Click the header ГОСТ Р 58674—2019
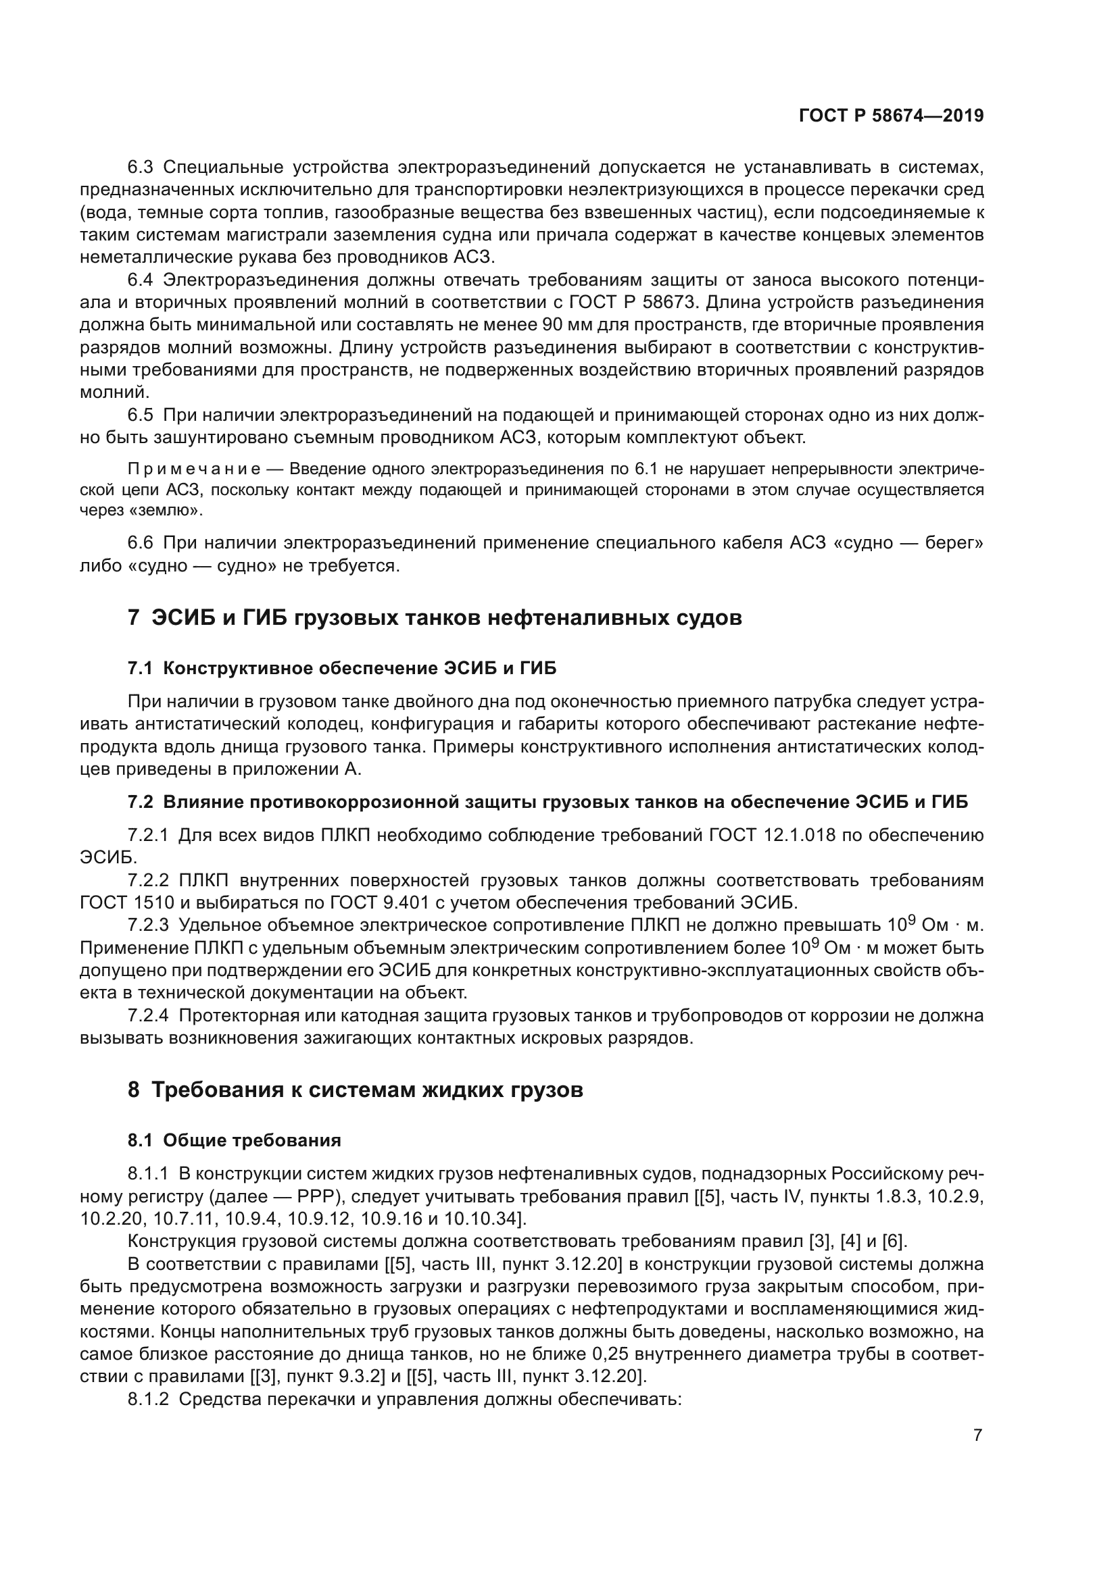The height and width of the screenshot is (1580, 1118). [x=891, y=116]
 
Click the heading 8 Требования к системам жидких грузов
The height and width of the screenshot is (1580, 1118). [x=356, y=1090]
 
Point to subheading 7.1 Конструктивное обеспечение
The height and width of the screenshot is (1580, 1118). [x=342, y=668]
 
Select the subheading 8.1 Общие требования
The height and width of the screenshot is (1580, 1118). [x=234, y=1140]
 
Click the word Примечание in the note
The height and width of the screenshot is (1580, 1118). [x=194, y=469]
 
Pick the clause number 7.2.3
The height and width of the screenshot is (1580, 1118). [x=148, y=925]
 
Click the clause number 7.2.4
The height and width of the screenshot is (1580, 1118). [x=148, y=1016]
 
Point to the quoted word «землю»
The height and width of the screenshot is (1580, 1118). [x=164, y=511]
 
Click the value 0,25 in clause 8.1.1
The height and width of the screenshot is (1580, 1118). [x=608, y=1354]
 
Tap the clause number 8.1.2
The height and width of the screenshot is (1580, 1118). [x=148, y=1400]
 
